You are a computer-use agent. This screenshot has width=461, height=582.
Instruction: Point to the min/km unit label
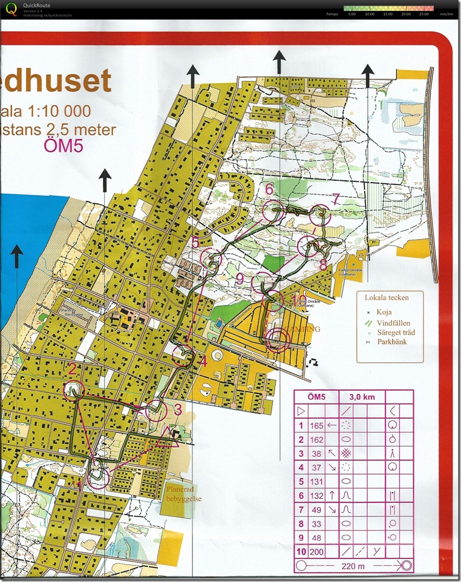click(446, 13)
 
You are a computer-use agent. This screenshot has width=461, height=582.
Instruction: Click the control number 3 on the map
click(178, 409)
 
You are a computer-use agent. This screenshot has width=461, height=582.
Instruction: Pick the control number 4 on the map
click(203, 362)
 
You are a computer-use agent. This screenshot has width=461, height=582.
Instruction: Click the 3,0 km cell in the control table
click(364, 397)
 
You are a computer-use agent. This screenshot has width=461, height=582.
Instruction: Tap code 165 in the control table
click(316, 425)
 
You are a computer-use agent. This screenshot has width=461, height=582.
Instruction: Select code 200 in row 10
click(316, 552)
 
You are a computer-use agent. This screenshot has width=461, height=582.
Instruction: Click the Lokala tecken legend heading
click(387, 297)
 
